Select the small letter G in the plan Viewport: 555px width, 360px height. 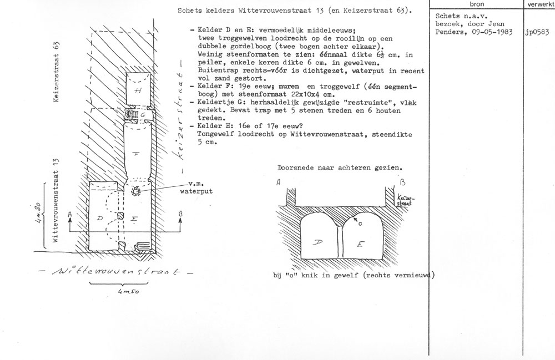point(143,114)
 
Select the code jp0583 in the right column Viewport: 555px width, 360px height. point(537,32)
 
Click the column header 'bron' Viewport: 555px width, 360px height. point(477,4)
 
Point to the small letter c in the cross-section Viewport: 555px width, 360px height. point(360,224)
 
